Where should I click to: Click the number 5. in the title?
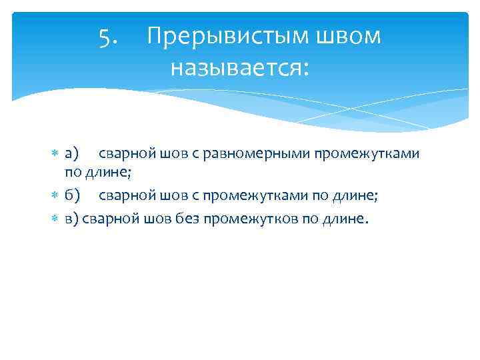coord(109,37)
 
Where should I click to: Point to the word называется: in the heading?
coord(240,67)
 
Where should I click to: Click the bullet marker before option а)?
coord(56,154)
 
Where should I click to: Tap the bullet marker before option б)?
coord(56,195)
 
